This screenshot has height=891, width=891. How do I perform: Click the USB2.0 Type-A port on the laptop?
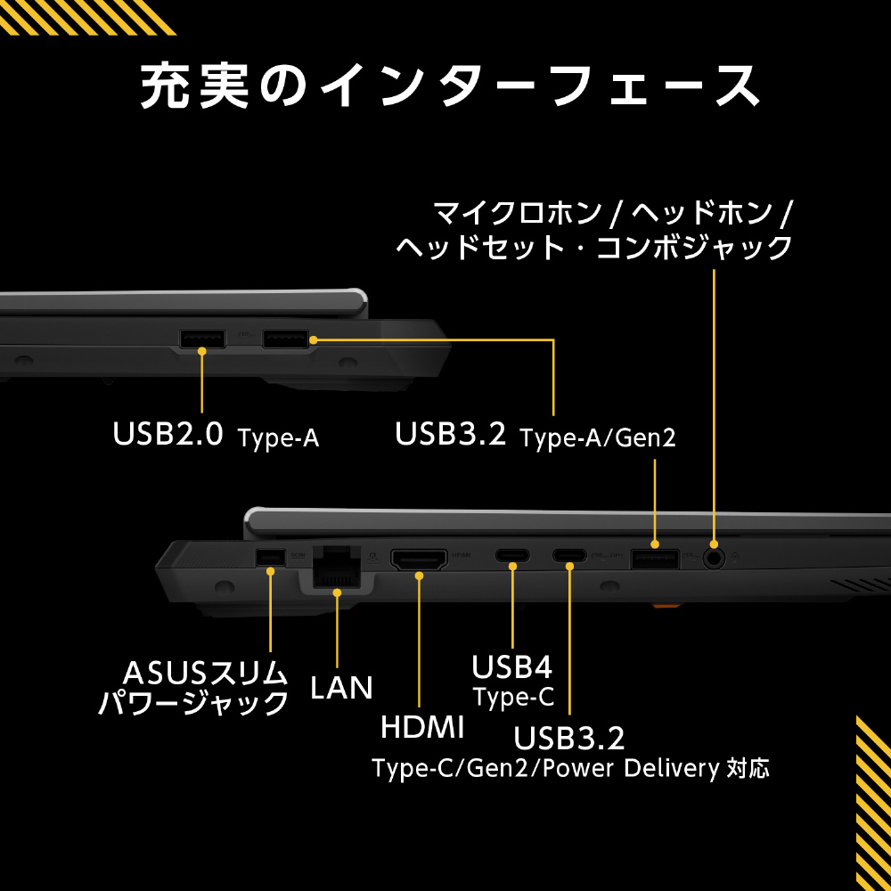coord(203,339)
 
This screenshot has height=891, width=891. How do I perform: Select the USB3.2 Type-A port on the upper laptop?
coord(285,339)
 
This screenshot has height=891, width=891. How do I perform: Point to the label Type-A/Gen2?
coord(598,437)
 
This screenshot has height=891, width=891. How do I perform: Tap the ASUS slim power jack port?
coord(269,558)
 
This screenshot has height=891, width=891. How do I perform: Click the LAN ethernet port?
coord(338,566)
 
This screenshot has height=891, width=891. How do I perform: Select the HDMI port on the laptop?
coord(420,561)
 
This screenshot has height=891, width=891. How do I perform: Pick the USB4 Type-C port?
coord(512,556)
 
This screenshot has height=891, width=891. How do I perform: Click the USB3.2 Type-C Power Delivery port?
coord(568,556)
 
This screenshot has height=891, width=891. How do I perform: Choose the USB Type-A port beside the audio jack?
coord(655,560)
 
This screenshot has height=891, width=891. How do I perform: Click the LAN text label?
coord(341,687)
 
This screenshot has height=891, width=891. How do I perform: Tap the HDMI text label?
coord(422,727)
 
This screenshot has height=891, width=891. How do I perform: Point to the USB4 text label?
coord(512,666)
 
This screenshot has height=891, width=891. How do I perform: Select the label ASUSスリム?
coord(206,672)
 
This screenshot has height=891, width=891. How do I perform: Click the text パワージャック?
coord(193,703)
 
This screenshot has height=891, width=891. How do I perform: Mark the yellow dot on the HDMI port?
coord(419,576)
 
